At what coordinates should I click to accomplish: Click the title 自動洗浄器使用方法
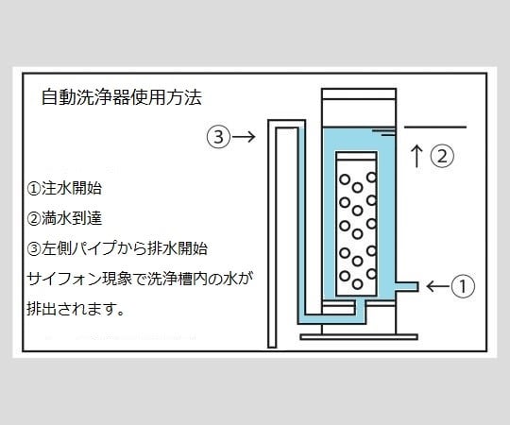click(x=122, y=97)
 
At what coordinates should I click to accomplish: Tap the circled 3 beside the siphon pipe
click(x=217, y=137)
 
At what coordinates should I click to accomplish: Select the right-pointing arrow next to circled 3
click(x=244, y=137)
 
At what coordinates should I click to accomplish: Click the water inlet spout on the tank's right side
click(x=407, y=285)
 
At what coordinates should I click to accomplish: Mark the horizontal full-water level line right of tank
click(x=434, y=126)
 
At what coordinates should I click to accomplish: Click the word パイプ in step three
click(x=110, y=248)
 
